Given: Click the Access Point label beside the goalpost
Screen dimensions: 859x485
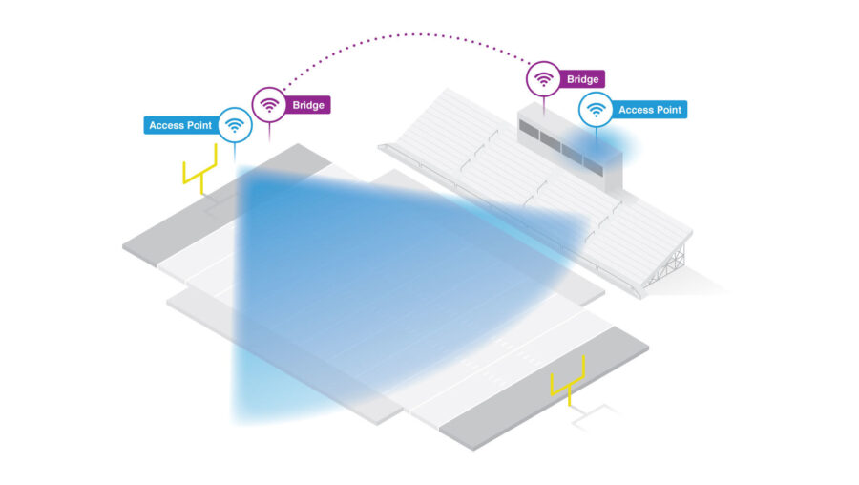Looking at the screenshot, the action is tap(181, 125).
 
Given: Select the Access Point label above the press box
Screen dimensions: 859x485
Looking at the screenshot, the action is tap(649, 110).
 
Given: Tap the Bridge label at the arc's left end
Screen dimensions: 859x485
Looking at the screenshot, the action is tap(308, 105).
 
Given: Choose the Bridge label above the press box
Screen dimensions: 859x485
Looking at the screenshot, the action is tap(582, 79).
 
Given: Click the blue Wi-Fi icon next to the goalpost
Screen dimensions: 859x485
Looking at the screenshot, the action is tap(235, 125).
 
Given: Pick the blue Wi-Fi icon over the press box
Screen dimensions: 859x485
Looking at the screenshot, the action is tap(596, 110).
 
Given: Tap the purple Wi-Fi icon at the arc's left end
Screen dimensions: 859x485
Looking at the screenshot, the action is tap(269, 104).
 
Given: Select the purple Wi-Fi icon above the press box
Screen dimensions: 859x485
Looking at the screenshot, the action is tap(543, 78).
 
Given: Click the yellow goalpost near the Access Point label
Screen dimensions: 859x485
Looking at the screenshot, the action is tap(200, 169).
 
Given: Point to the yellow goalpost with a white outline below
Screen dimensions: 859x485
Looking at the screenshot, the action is tap(569, 382).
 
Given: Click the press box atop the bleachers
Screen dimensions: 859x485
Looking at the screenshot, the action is tap(571, 148).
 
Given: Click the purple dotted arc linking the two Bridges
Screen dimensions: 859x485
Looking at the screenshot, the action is tap(408, 35).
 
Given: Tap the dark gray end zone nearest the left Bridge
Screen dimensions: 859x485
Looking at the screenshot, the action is tap(227, 205).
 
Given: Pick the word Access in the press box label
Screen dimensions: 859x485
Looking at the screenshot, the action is tap(635, 110).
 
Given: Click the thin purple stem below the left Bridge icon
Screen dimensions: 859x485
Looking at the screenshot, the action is tap(269, 132).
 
